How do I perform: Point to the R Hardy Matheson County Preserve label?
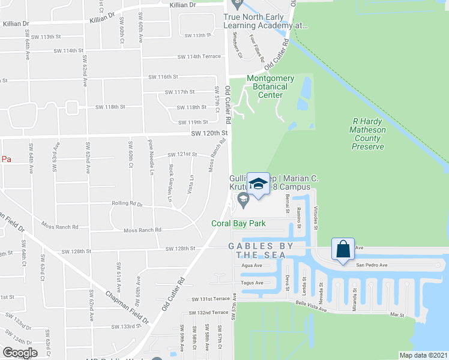pos(367,134)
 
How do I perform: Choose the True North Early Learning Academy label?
pos(265,22)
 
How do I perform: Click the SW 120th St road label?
pos(210,133)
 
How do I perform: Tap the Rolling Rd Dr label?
pos(127,203)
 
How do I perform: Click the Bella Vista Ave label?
pos(310,307)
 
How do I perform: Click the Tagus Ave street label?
pos(251,283)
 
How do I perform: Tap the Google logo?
pos(20,352)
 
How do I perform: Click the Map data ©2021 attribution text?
pos(423,355)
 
